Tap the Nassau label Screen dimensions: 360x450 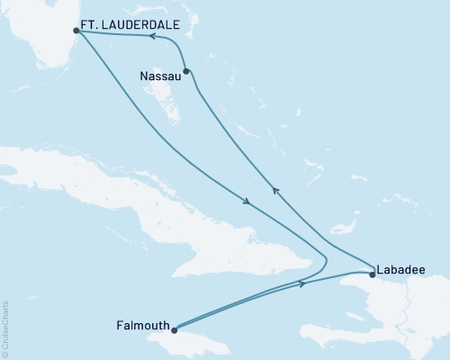coord(159,76)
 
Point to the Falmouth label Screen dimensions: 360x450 coord(141,325)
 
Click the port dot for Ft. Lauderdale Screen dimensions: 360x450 coord(76,31)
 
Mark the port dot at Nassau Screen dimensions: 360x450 coord(185,71)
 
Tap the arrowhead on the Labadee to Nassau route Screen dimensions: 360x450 coord(275,190)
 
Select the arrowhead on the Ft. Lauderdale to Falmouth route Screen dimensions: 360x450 coord(246,200)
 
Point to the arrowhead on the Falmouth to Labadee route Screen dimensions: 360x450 coord(302,284)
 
